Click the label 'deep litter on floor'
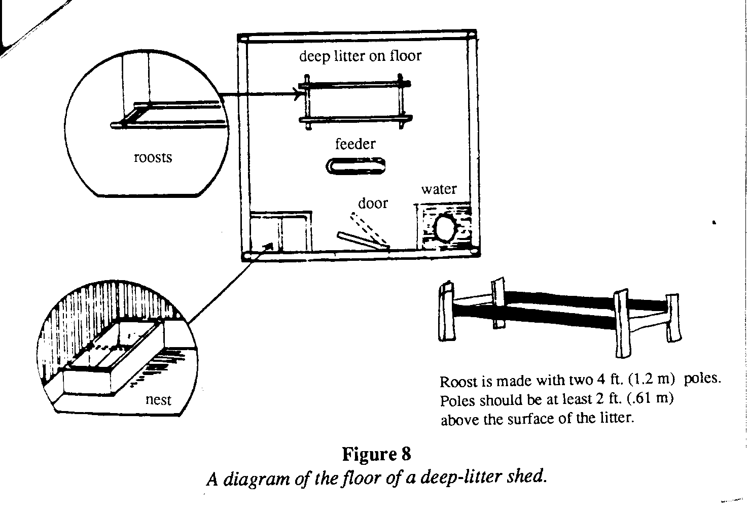point(360,55)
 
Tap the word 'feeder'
point(355,144)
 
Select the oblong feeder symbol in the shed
point(355,166)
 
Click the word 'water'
point(439,189)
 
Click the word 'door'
point(373,203)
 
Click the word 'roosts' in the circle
point(153,158)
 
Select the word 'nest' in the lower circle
point(158,400)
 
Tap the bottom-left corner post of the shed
point(246,256)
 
